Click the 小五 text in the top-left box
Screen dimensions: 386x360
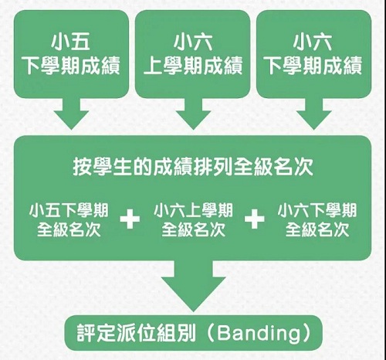pos(70,42)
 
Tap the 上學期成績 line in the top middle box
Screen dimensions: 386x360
pos(193,66)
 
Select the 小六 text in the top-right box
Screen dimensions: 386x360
pos(313,42)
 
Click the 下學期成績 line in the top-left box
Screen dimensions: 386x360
pos(71,66)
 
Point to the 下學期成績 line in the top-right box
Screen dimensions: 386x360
pos(314,66)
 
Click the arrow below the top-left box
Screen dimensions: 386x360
pos(71,114)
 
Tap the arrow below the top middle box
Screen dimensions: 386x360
pos(193,114)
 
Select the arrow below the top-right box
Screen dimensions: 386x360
pos(313,114)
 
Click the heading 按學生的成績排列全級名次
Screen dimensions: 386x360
pos(193,167)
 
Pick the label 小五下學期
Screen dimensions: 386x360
pos(69,210)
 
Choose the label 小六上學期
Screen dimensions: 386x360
pos(193,210)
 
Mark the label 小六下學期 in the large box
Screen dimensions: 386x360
pos(317,210)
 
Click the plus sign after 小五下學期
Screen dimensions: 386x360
pos(130,219)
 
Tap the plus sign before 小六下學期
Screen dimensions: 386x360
pos(255,219)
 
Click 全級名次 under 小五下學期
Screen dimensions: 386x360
pos(69,229)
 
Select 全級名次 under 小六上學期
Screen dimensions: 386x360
pos(193,229)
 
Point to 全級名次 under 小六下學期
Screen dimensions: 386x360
pos(317,229)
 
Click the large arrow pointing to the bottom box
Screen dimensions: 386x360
pos(193,286)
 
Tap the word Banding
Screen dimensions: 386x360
pos(259,334)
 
